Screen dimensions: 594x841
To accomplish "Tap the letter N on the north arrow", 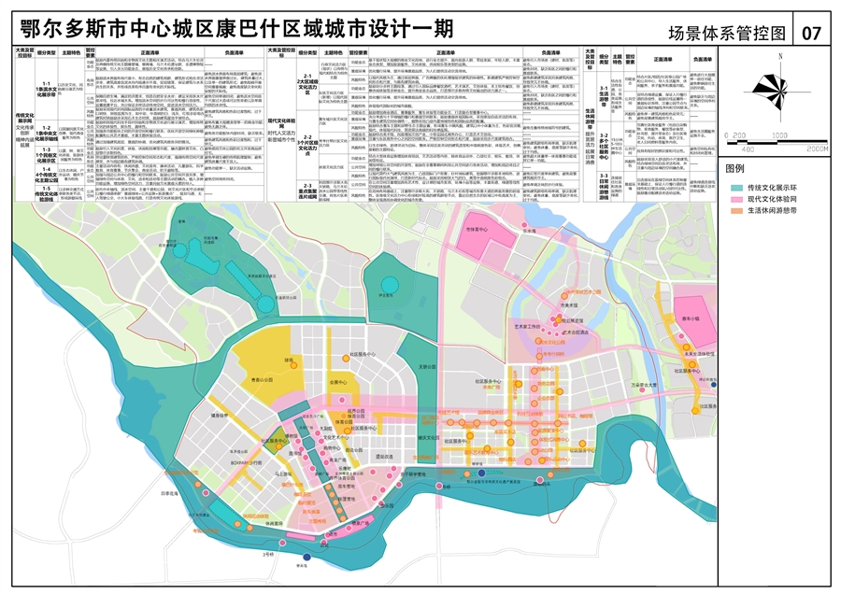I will click(777, 56).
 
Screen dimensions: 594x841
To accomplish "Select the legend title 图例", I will click(736, 169).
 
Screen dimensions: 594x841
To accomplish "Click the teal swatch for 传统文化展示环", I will click(737, 188).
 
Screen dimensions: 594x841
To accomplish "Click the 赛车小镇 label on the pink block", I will click(694, 318).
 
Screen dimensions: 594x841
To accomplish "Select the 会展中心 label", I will click(337, 383).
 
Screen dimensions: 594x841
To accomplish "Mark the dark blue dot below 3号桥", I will click(303, 559).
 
